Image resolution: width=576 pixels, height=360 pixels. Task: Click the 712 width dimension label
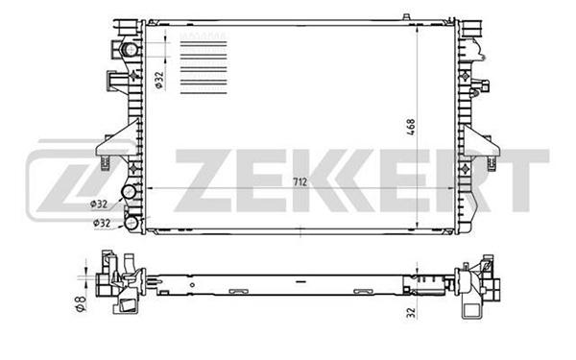300,181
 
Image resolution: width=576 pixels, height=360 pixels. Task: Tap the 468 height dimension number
411,127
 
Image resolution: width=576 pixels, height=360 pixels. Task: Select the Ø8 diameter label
81,303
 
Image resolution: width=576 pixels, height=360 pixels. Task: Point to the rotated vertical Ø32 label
158,80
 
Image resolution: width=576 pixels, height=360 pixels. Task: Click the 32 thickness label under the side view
412,312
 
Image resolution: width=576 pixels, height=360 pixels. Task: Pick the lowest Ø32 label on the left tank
102,223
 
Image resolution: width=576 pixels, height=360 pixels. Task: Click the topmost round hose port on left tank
129,49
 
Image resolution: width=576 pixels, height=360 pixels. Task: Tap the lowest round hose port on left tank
131,223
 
